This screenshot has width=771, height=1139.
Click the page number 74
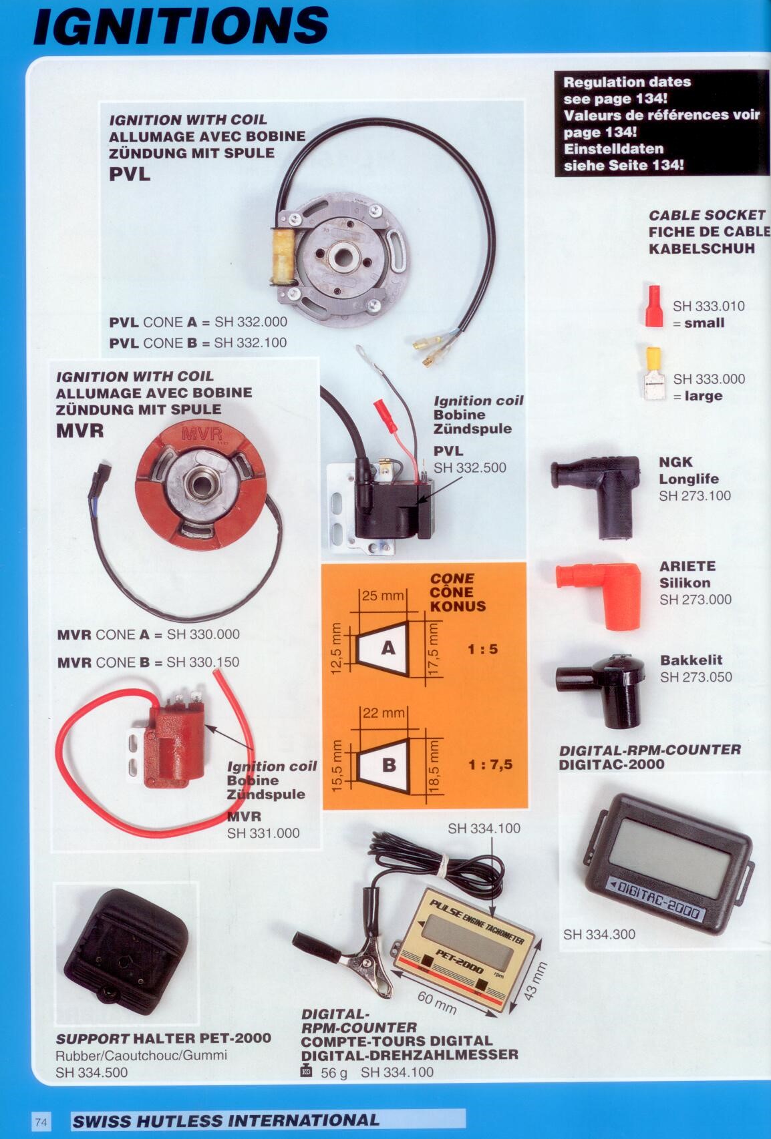pyautogui.click(x=41, y=1121)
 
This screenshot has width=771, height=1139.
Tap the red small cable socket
pyautogui.click(x=654, y=306)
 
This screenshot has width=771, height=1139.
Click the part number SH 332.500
pyautogui.click(x=470, y=468)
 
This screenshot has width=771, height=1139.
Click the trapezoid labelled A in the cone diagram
pyautogui.click(x=383, y=648)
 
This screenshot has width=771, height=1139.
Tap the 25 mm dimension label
pyautogui.click(x=383, y=596)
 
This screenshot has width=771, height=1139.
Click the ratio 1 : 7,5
pyautogui.click(x=490, y=764)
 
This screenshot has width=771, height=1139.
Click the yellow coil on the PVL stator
pyautogui.click(x=283, y=256)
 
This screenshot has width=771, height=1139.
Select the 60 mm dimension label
pyautogui.click(x=437, y=1002)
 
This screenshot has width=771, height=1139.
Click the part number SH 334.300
pyautogui.click(x=599, y=934)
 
